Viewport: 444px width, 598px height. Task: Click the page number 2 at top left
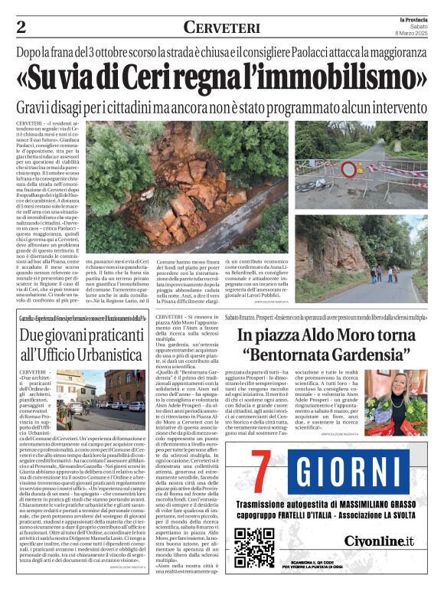(x=21, y=28)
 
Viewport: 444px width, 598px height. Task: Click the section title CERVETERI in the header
(x=221, y=28)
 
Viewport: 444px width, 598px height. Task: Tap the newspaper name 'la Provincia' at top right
(x=415, y=18)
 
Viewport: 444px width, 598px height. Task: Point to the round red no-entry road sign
(x=349, y=170)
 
